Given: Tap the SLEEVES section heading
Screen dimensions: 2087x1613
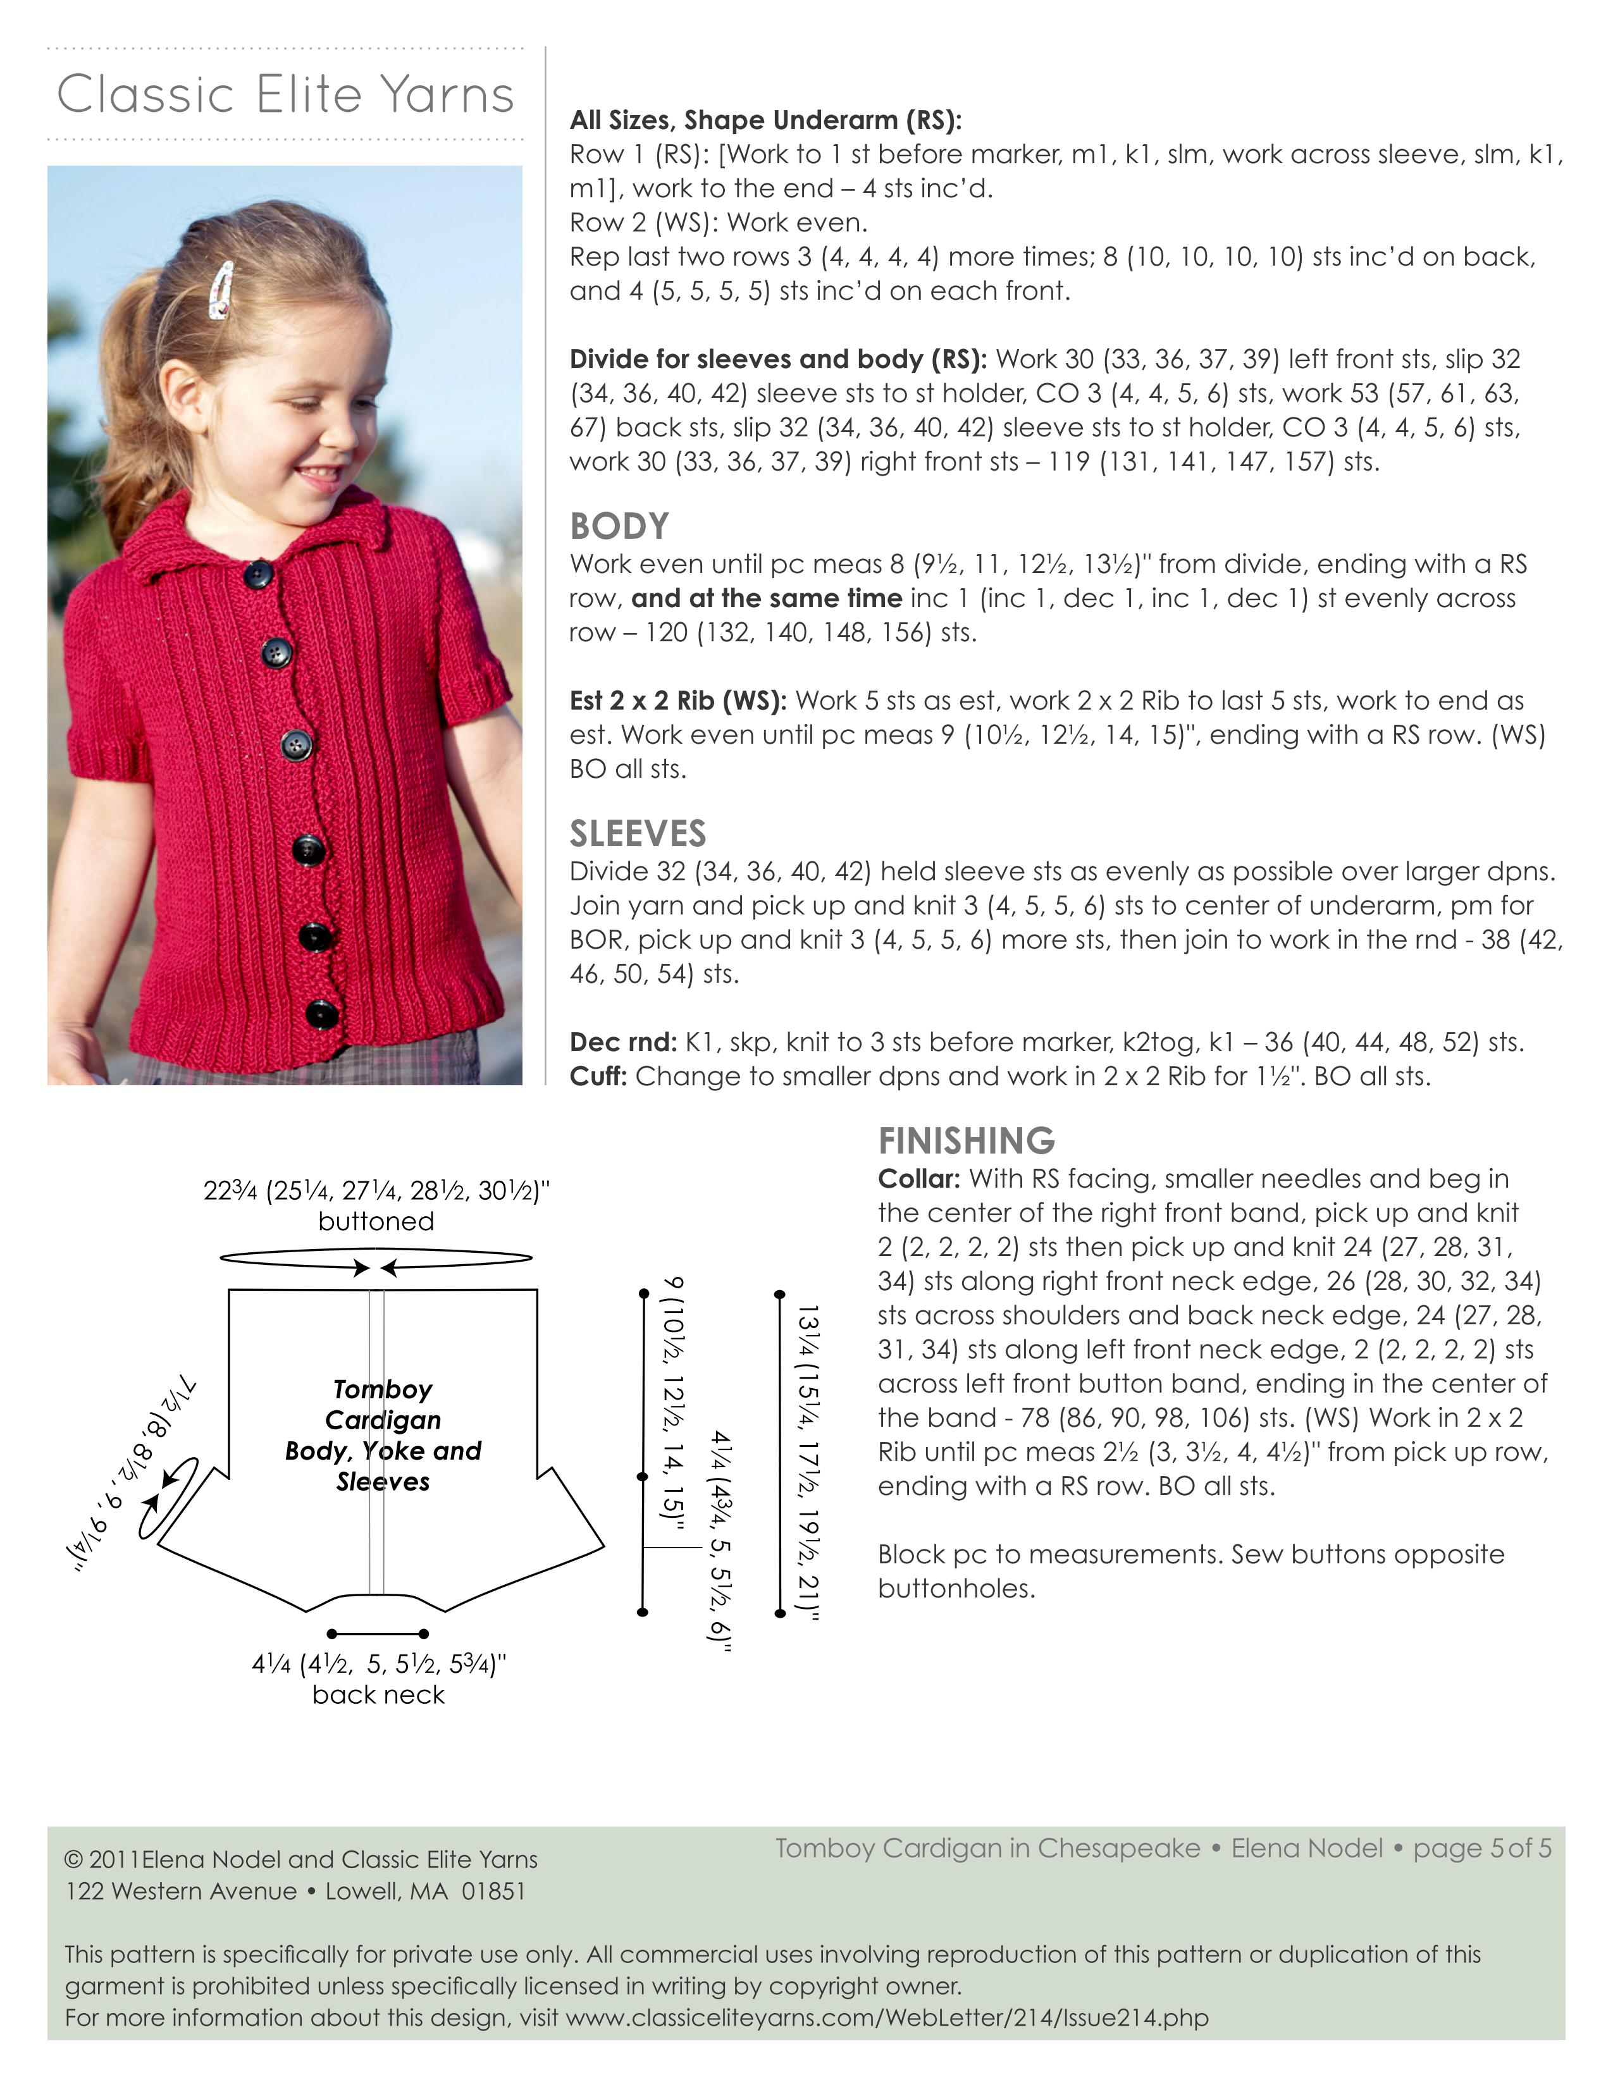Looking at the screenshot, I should [638, 834].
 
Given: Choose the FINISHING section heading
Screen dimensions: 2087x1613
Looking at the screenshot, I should [966, 1141].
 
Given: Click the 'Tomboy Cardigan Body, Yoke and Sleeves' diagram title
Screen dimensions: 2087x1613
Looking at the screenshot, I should [382, 1436].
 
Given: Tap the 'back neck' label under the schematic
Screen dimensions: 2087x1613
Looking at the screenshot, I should [378, 1695].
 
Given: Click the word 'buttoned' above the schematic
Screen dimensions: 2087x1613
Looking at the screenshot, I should [376, 1221].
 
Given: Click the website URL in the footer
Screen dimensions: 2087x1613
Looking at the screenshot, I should [887, 2018].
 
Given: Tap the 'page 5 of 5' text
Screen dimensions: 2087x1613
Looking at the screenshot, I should [1481, 1848].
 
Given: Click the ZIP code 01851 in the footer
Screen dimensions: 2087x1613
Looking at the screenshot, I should [493, 1891].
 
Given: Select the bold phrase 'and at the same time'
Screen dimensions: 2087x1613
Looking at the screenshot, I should [767, 599].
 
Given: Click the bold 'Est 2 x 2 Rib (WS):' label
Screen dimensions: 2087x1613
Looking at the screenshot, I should [677, 701].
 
